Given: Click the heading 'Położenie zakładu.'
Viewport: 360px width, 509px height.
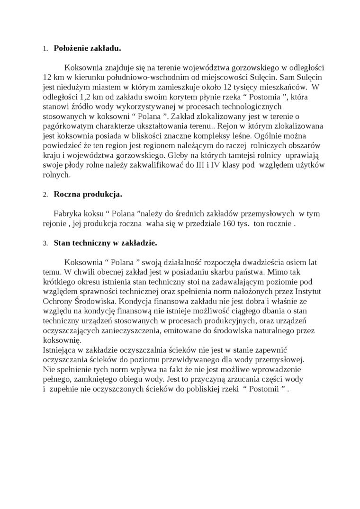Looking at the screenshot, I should click(88, 48).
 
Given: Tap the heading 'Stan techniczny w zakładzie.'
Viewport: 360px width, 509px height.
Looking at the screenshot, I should click(106, 243).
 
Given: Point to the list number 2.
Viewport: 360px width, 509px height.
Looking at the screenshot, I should click(45, 195).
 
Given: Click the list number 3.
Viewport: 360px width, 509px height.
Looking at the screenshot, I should click(45, 243).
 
